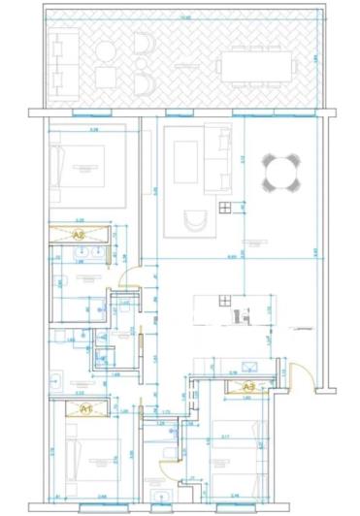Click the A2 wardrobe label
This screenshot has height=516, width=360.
point(80,234)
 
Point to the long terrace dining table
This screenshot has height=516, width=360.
point(258,66)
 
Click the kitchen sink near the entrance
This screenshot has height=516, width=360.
point(249,368)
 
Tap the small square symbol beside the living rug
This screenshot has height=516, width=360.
point(225,207)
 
